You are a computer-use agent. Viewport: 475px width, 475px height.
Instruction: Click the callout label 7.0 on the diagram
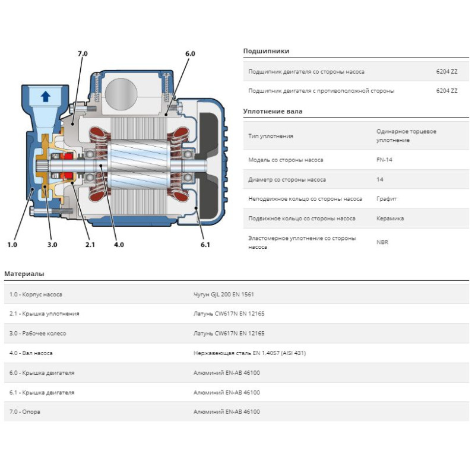[82, 54]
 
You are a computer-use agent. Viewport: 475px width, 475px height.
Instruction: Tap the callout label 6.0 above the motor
[190, 54]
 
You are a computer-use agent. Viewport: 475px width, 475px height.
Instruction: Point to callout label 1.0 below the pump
[12, 244]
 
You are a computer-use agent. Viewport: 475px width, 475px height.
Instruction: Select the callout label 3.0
[52, 244]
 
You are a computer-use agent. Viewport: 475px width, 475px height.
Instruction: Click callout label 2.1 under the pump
[90, 244]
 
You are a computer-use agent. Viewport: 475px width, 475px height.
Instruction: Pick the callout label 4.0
[119, 244]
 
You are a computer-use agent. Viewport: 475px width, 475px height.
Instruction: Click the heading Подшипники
[266, 52]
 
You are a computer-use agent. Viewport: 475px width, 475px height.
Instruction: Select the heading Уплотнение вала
[273, 112]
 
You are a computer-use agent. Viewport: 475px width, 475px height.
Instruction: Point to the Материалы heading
[24, 274]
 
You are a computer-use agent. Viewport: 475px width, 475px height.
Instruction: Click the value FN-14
[384, 160]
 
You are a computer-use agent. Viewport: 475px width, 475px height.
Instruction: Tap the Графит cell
[387, 199]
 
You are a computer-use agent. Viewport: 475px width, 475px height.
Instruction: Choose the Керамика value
[390, 218]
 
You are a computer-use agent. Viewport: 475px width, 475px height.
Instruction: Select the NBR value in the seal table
[382, 242]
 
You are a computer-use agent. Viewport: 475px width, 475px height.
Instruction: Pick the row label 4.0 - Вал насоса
[31, 353]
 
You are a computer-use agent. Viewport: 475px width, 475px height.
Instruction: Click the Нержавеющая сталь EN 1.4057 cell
[249, 353]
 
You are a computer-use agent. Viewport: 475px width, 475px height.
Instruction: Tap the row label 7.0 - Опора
[25, 412]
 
